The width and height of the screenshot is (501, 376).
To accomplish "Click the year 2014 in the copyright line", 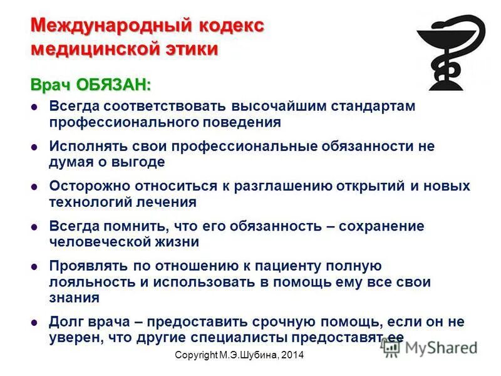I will tap(291, 355).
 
